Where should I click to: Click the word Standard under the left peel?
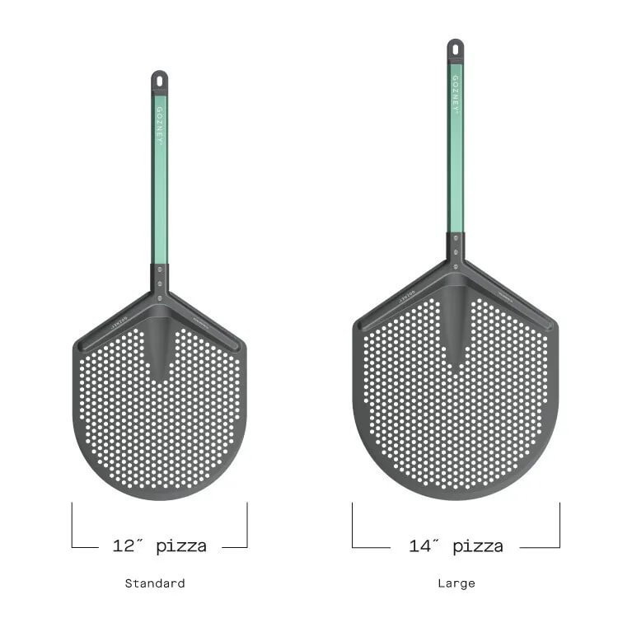tap(155, 583)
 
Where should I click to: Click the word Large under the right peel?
tap(456, 583)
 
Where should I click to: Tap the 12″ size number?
tap(129, 545)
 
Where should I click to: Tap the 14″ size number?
tap(425, 545)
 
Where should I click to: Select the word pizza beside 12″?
tap(181, 545)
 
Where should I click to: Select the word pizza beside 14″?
tap(478, 545)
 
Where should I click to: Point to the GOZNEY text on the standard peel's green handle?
tap(159, 124)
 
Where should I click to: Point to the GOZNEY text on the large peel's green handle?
tap(456, 94)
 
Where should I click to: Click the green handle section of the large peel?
tap(456, 165)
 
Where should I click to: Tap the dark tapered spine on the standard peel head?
tap(159, 346)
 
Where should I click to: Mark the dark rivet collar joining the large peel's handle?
tap(456, 246)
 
